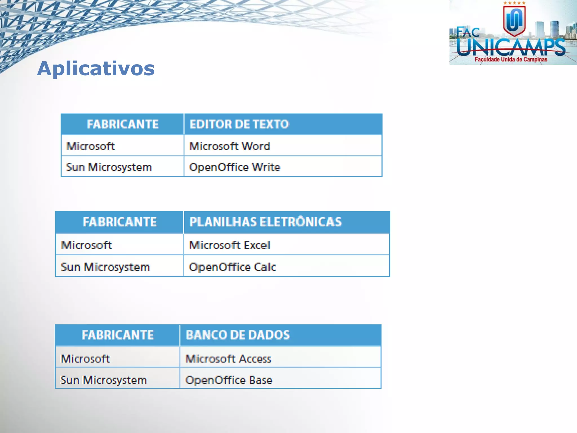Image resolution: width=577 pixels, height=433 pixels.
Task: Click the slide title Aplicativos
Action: point(96,69)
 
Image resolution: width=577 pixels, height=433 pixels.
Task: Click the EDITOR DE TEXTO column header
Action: point(239,124)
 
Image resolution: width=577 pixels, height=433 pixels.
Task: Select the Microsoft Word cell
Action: point(230,146)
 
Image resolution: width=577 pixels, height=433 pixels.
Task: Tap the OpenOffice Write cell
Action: point(235,167)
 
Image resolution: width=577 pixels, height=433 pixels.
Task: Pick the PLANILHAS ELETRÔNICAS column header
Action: point(265,222)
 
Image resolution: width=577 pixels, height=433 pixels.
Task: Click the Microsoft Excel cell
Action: point(230,245)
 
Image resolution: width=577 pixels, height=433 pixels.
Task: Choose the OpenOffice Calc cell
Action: point(232,267)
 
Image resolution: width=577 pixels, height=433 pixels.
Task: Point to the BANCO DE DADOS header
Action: point(238,335)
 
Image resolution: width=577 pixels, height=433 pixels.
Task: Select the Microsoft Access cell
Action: point(228,359)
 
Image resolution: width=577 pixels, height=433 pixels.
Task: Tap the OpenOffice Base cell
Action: point(229,380)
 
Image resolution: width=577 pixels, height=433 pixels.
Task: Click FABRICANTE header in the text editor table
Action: point(123,124)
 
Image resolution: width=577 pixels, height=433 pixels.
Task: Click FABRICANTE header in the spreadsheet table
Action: point(120,222)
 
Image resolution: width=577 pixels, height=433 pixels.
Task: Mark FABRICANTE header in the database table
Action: point(118,335)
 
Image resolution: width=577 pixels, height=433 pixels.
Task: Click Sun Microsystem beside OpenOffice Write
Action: point(109,167)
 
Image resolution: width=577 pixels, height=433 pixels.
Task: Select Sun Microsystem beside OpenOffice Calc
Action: point(105,267)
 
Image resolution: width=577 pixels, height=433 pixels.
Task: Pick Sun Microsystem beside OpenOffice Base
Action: point(104,380)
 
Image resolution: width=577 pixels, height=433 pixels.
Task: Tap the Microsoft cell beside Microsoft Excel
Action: point(86,245)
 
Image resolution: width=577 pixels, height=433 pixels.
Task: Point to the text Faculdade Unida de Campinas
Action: point(511,59)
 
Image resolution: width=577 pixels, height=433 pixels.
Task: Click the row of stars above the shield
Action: point(514,3)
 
